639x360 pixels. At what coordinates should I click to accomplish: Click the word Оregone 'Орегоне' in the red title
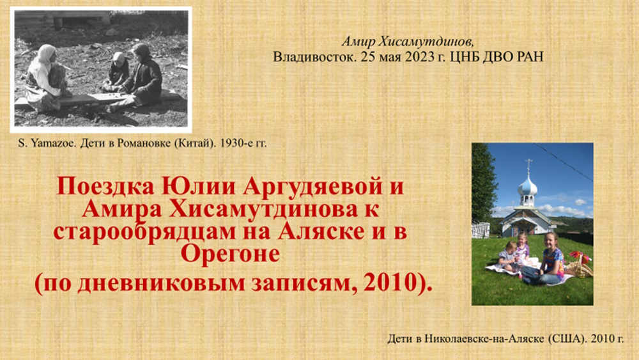230,254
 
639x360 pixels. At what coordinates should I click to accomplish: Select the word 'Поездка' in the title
106,187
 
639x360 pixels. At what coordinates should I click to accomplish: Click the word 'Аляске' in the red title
322,231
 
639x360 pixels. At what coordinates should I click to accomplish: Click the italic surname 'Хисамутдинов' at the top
426,42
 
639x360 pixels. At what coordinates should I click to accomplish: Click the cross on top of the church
528,165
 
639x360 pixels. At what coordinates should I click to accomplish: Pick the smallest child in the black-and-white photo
118,69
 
